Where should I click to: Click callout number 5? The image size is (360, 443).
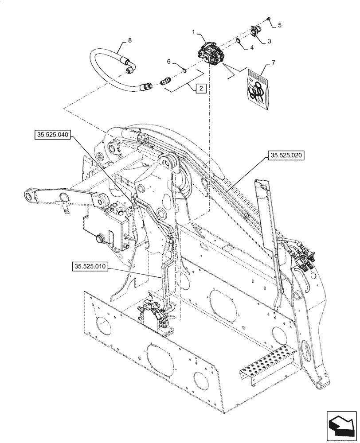point(279,26)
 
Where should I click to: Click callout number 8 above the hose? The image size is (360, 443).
point(130,40)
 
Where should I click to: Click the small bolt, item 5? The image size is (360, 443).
point(269,18)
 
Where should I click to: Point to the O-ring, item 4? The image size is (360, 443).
point(239,42)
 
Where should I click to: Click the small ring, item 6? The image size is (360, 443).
point(182,69)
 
